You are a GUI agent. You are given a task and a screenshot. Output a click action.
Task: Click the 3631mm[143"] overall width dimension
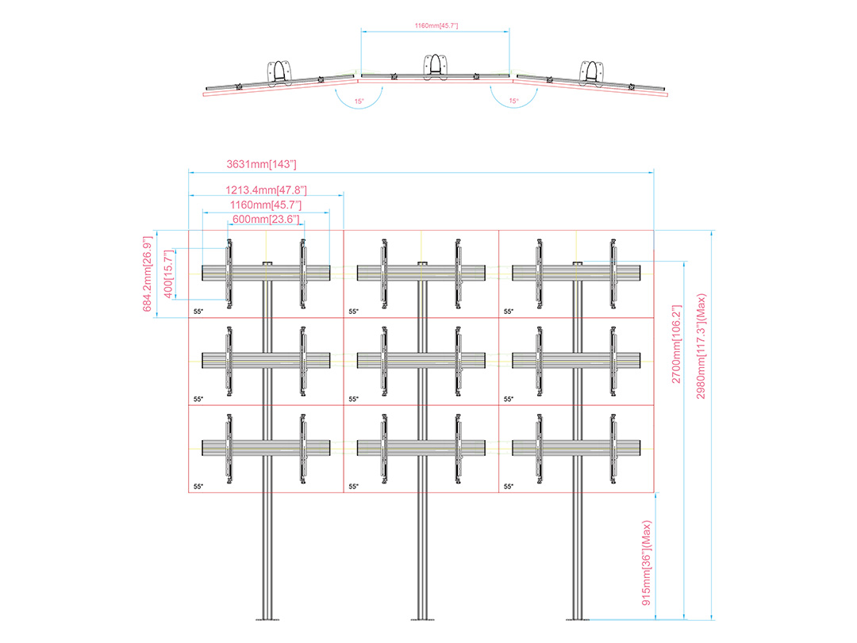pos(261,164)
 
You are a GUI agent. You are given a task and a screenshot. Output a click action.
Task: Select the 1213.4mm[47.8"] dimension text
pos(266,190)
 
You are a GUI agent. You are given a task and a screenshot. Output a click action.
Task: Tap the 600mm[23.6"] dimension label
pos(266,219)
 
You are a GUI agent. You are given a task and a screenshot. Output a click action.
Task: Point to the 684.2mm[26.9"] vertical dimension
pos(147,274)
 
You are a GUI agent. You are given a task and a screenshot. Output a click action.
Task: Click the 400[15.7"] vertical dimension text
pos(169,274)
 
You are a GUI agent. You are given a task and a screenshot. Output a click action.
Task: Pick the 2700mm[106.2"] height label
pos(677,343)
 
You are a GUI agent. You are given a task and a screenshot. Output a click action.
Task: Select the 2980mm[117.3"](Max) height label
pos(701,346)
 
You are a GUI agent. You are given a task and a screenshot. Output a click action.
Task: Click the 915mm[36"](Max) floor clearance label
pos(647,563)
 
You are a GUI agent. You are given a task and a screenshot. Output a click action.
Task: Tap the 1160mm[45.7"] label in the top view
pos(436,25)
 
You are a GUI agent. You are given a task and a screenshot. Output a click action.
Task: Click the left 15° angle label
pos(359,101)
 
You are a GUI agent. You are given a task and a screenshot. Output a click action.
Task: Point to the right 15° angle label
pos(513,101)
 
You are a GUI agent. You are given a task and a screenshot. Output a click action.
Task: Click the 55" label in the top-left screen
pos(198,312)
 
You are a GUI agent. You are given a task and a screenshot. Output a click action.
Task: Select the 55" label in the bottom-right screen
pos(509,486)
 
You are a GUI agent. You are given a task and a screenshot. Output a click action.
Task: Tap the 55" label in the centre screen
pos(354,399)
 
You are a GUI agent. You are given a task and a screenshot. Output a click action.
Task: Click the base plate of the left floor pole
pos(267,619)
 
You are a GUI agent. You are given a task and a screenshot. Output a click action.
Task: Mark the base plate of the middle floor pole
pos(422,619)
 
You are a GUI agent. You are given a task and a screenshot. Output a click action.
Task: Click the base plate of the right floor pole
pos(578,619)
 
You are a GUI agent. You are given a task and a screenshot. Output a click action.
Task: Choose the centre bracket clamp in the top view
pos(435,67)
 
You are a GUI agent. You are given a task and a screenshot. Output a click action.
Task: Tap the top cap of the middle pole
pos(422,263)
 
